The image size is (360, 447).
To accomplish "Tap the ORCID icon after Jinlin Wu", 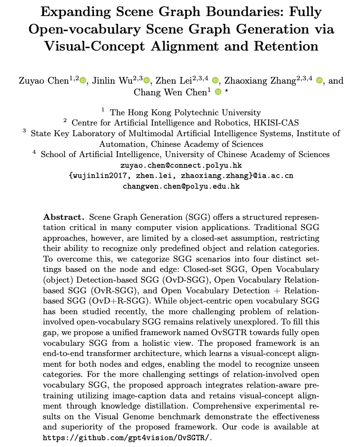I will (147, 80).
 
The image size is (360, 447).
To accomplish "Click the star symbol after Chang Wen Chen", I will (227, 91).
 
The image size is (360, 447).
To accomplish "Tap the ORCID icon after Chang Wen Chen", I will (218, 92).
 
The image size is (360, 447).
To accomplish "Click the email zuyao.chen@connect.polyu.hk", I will (181, 165).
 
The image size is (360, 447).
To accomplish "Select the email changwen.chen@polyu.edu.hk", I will (181, 186).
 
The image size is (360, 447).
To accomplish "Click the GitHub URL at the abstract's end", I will (128, 437).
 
